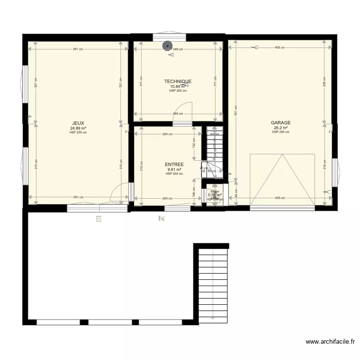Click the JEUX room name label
(78, 123)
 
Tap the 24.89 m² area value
(78, 128)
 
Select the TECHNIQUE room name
(178, 82)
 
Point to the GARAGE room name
(280, 123)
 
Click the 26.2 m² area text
(280, 128)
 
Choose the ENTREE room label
(174, 165)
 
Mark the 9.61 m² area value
(174, 169)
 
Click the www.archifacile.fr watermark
(330, 342)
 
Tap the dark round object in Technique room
(167, 46)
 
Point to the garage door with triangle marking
(282, 180)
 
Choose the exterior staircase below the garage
(211, 283)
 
